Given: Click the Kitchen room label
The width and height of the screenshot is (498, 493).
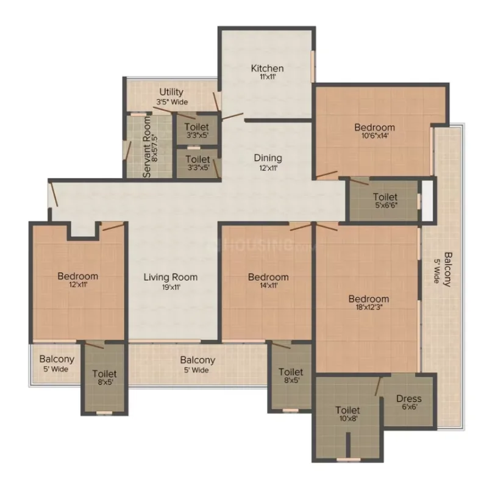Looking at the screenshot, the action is coord(267,68).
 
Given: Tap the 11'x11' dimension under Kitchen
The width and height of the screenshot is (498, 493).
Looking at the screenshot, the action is coord(268,77).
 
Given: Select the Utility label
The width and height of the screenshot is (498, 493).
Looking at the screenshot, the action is coord(171,92).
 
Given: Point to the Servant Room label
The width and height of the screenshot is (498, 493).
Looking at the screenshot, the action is coord(146,147).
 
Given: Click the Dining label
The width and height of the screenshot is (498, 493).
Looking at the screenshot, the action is coord(268,158).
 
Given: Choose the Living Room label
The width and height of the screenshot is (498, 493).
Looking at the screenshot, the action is coord(171,277).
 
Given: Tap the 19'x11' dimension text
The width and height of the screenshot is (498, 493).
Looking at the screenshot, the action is coord(171,287).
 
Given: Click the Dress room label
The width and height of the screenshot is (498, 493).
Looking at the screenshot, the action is coord(409,398).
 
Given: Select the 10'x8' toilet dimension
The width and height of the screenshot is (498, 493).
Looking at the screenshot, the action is coord(349,419).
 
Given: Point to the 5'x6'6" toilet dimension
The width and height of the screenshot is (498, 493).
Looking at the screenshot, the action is coord(386,206).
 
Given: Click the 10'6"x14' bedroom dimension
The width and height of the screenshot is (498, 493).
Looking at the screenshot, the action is coord(375,135).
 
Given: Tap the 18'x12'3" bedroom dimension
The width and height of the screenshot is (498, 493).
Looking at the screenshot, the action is coord(369,308).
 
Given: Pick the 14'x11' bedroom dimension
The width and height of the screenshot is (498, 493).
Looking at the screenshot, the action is coord(269,286).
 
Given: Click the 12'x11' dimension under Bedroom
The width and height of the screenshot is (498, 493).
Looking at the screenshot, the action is coord(78,284).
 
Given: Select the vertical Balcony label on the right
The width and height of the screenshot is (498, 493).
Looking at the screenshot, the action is coord(447,270).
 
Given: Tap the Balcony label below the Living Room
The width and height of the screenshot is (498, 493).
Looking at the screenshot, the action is coord(197,360).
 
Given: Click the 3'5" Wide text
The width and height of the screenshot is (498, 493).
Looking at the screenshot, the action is coord(172,102).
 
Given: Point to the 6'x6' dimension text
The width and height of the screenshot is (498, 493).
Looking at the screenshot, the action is coord(410,407).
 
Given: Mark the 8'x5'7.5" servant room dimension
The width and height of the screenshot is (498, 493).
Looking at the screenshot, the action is coord(155,148).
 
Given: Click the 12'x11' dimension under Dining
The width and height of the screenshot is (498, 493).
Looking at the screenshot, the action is coord(268,168).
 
